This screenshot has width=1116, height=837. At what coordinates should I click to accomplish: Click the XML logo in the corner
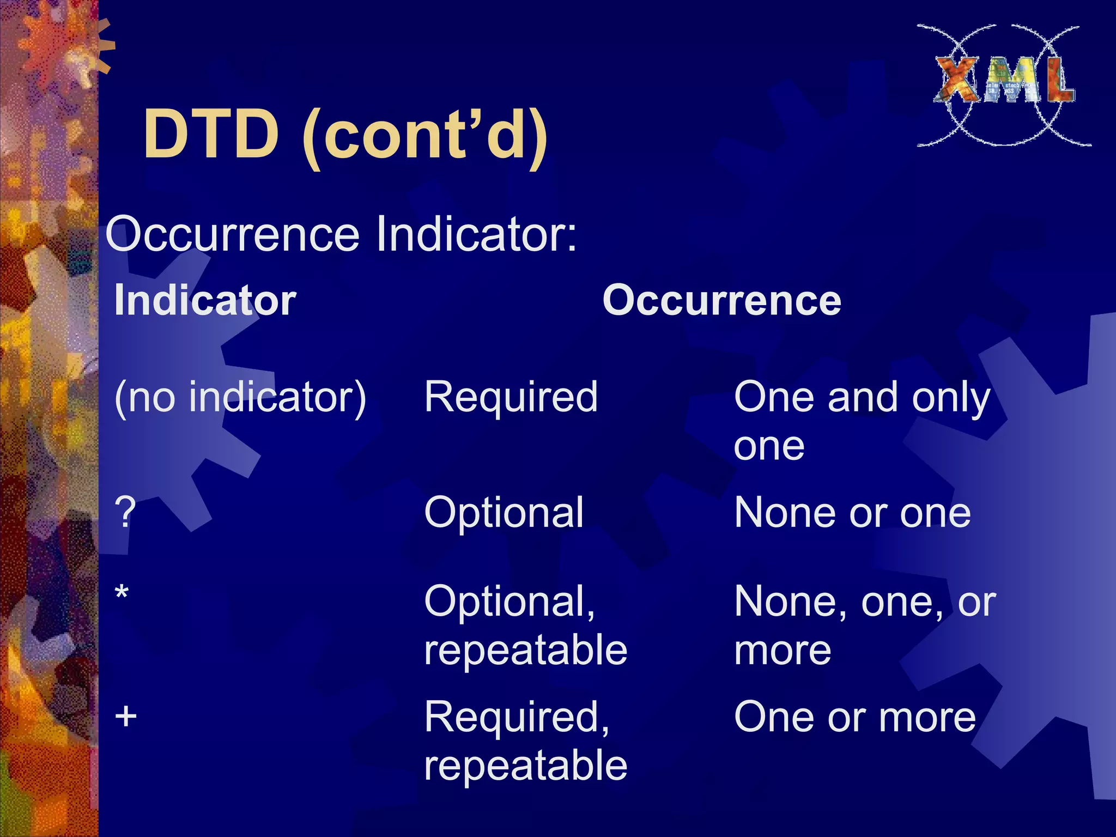(x=1004, y=84)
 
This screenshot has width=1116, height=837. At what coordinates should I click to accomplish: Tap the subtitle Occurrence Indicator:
(x=341, y=234)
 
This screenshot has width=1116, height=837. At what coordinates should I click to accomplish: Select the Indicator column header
(x=205, y=300)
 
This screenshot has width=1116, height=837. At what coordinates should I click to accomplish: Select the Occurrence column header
(x=721, y=300)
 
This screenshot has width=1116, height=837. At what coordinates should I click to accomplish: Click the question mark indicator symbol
(x=125, y=512)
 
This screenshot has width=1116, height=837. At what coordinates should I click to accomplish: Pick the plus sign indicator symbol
(x=125, y=716)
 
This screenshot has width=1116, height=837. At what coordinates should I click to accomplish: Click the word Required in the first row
(x=511, y=397)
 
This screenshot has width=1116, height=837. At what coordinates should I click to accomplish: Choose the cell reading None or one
(x=852, y=512)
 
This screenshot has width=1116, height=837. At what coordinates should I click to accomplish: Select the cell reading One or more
(x=854, y=717)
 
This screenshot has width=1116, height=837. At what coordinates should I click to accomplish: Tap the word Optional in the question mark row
(x=504, y=512)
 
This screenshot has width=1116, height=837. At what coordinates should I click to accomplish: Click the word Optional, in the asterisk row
(x=510, y=602)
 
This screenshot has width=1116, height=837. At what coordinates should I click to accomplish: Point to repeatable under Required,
(x=525, y=765)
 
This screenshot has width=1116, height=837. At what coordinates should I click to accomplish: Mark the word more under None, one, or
(x=783, y=651)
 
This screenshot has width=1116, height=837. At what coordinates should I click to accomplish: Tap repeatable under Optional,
(x=525, y=650)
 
